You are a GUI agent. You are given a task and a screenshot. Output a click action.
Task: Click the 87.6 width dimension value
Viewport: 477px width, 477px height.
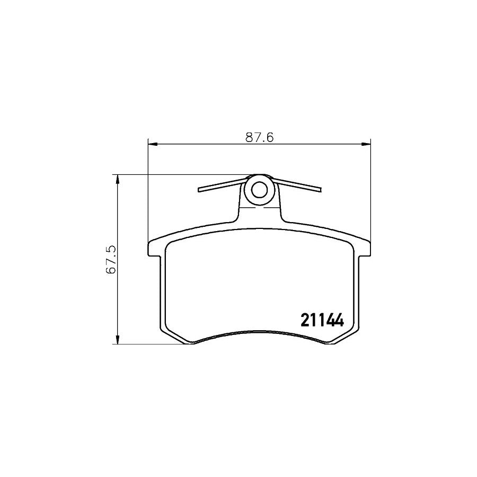click(259, 137)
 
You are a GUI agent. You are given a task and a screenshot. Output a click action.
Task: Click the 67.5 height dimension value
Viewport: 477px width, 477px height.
click(111, 259)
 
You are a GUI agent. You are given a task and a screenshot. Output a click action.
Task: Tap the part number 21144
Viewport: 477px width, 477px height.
click(323, 320)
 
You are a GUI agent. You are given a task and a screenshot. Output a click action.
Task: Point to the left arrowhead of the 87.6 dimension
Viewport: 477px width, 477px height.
click(152, 143)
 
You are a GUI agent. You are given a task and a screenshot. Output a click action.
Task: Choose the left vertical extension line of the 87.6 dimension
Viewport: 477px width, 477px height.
click(147, 201)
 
